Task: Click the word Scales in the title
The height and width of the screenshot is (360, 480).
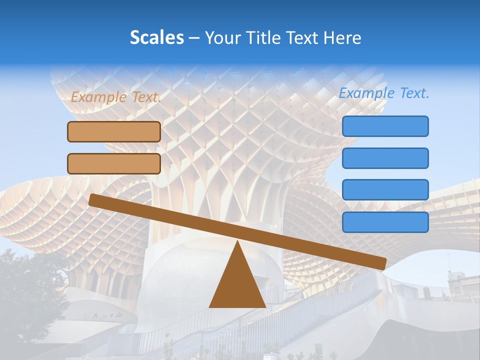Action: click(156, 38)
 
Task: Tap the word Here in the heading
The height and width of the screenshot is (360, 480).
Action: click(342, 38)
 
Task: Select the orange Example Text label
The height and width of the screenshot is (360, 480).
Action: click(115, 97)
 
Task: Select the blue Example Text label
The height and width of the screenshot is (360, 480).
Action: click(384, 93)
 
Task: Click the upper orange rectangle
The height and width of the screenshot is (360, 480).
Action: click(114, 131)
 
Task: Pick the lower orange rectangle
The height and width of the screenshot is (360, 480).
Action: click(114, 163)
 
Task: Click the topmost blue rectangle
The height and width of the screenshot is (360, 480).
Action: click(385, 126)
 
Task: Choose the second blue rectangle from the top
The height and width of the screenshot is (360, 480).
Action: click(385, 158)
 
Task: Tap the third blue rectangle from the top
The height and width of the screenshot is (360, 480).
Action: click(385, 190)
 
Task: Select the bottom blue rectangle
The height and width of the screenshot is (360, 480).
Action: click(385, 222)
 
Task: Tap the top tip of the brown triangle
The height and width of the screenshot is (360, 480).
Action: click(237, 243)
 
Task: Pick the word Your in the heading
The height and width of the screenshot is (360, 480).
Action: click(223, 38)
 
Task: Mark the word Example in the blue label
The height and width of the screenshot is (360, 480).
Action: click(365, 93)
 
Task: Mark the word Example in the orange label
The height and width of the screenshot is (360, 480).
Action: click(98, 97)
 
